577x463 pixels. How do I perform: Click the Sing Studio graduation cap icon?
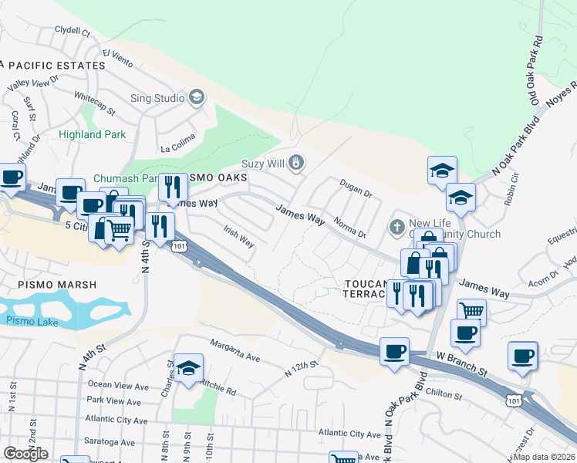[197, 98]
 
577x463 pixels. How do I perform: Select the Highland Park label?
[92, 134]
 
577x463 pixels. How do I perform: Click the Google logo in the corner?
[25, 454]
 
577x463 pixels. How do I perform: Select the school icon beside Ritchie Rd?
[188, 370]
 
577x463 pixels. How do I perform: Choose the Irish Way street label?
[238, 237]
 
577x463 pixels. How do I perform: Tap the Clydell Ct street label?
[73, 32]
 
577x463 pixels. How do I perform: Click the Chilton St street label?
[443, 394]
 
